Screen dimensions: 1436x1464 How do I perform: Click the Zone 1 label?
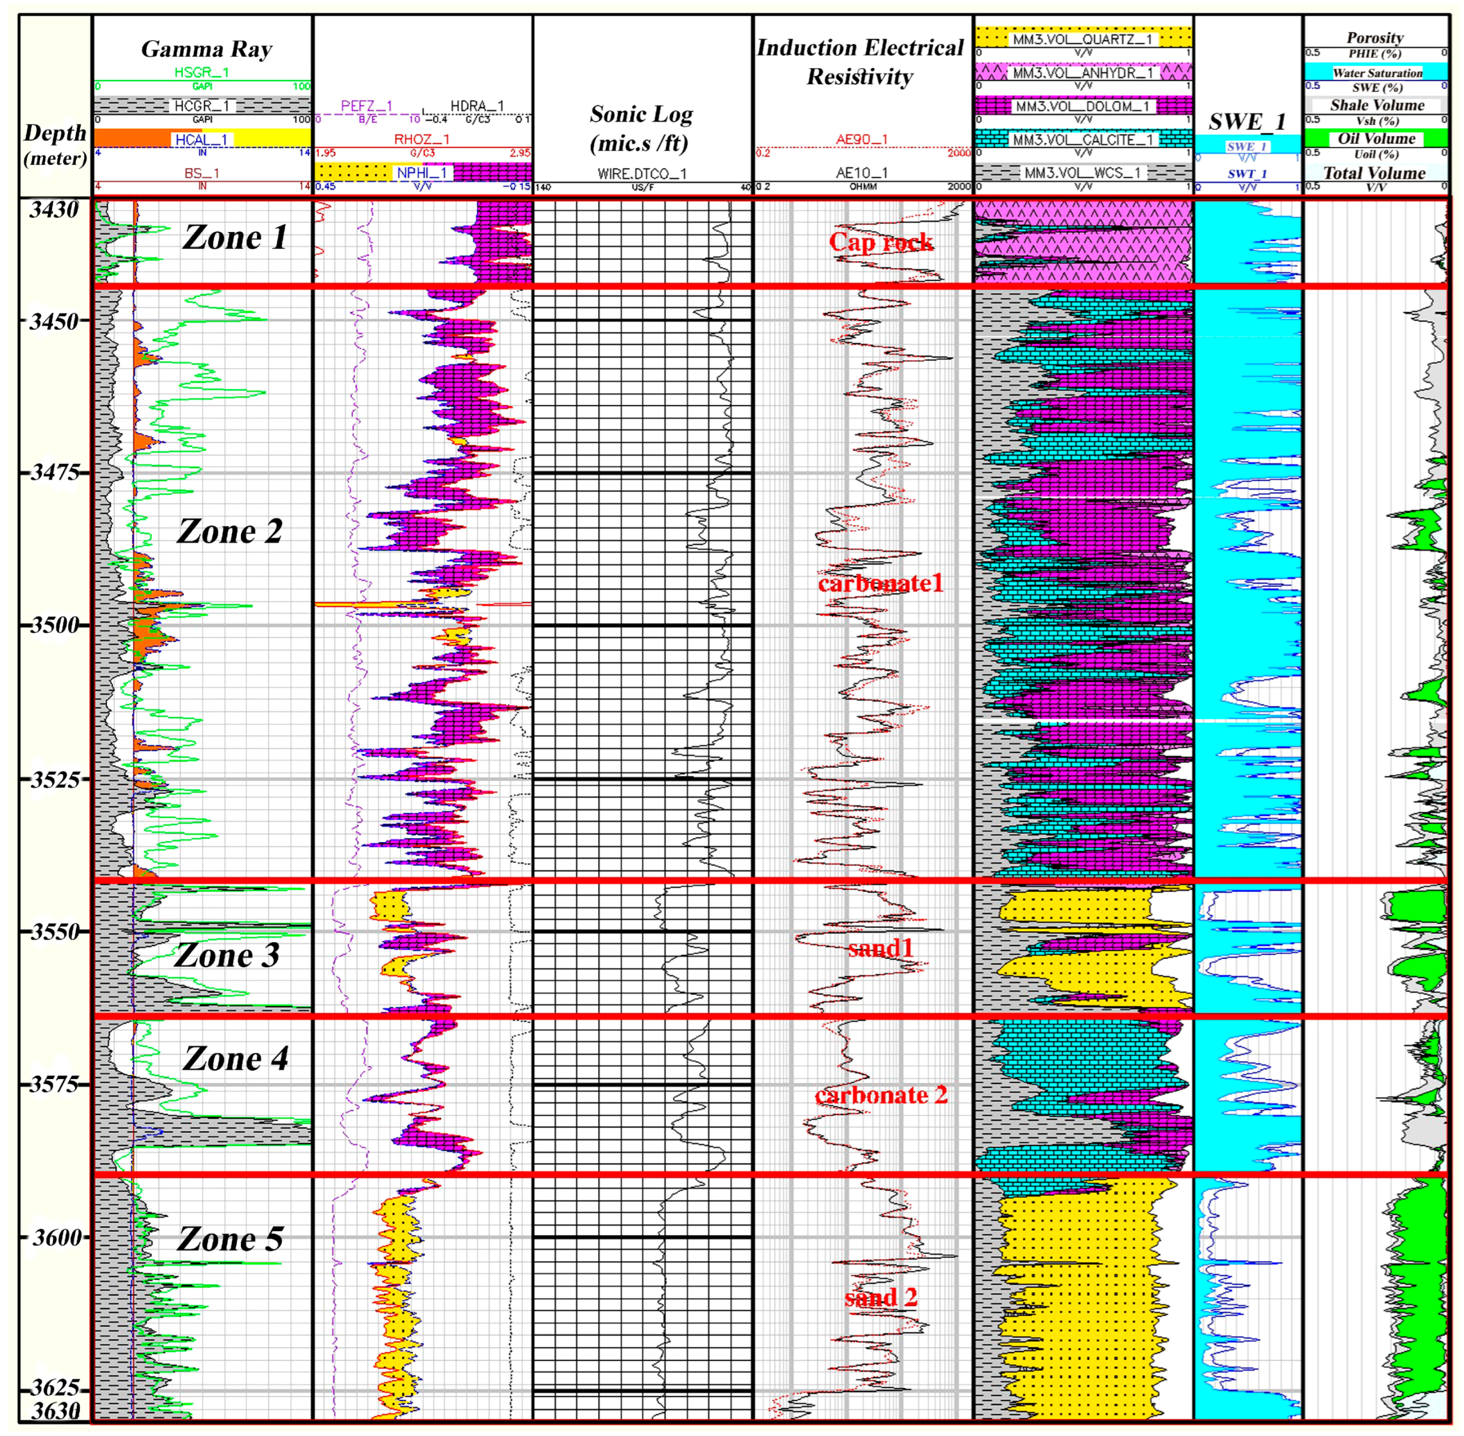point(234,237)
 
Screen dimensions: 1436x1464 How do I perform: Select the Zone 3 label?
point(226,956)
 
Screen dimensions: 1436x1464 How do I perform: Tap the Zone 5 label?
point(230,1239)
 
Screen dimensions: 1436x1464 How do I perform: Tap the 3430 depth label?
point(55,210)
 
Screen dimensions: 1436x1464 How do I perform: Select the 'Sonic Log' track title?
point(641,128)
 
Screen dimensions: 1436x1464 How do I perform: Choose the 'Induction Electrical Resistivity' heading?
point(860,62)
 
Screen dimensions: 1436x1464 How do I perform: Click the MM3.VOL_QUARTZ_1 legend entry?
point(1082,39)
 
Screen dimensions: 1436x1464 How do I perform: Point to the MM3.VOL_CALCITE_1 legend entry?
point(1082,139)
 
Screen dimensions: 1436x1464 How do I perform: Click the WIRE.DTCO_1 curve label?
point(642,173)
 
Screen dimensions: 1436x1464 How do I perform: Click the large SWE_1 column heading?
point(1247,122)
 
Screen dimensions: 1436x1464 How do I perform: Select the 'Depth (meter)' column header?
point(55,145)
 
